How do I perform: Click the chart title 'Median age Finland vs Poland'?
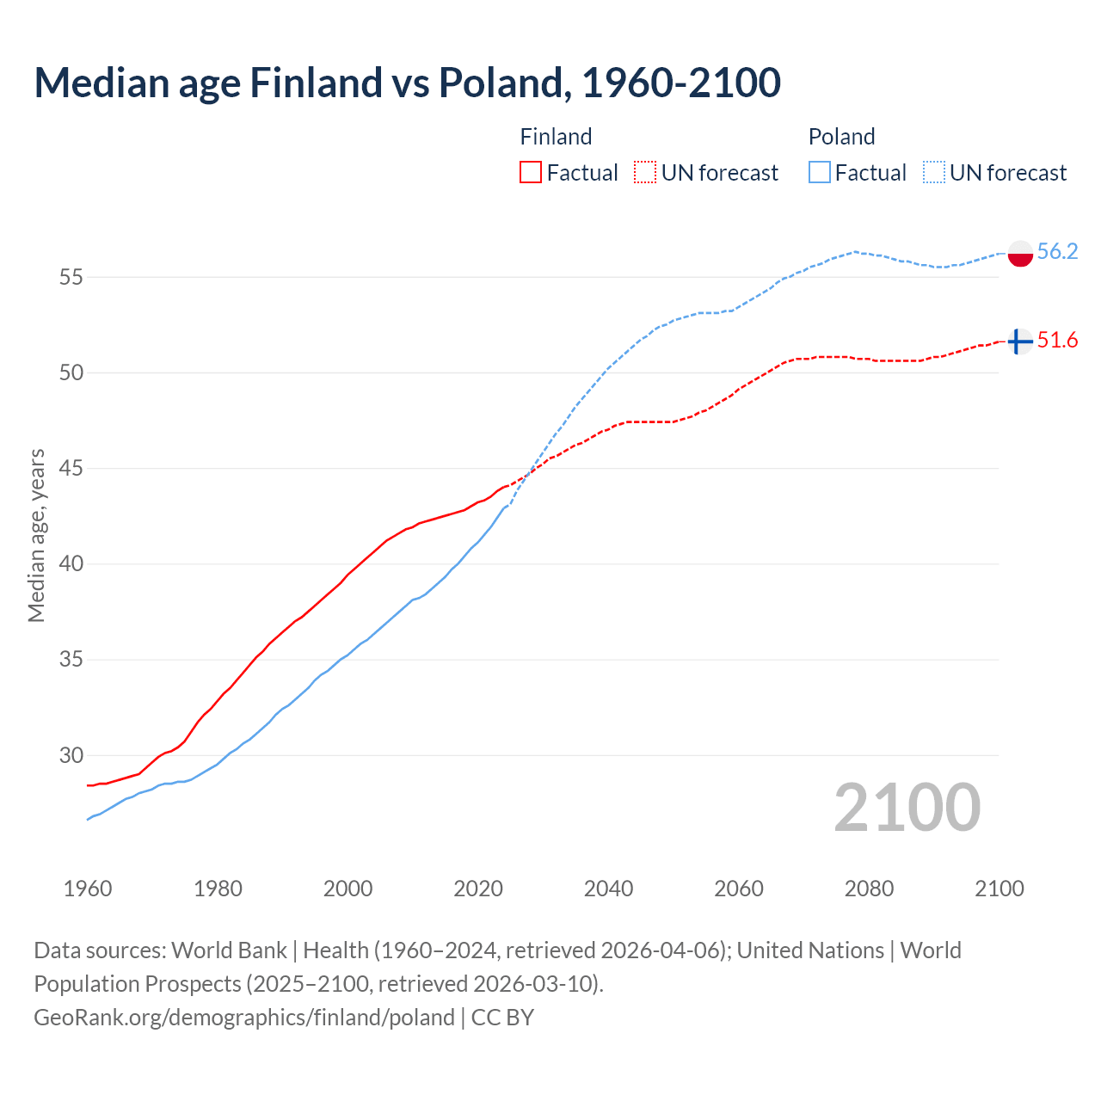pyautogui.click(x=407, y=83)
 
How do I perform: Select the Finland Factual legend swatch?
pyautogui.click(x=531, y=172)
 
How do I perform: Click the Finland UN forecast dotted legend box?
pyautogui.click(x=645, y=172)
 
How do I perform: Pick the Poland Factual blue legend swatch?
pyautogui.click(x=820, y=172)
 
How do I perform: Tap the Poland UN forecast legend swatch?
pyautogui.click(x=934, y=172)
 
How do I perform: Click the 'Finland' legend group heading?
pyautogui.click(x=556, y=137)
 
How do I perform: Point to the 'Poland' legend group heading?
pyautogui.click(x=841, y=137)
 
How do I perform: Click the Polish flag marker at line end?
pyautogui.click(x=1019, y=254)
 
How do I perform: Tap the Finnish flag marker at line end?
pyautogui.click(x=1019, y=341)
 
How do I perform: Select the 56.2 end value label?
pyautogui.click(x=1057, y=251)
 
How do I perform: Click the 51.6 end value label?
pyautogui.click(x=1057, y=341)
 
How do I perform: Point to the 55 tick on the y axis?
pyautogui.click(x=71, y=277)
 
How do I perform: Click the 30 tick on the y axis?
pyautogui.click(x=71, y=755)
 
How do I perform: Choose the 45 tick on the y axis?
pyautogui.click(x=71, y=469)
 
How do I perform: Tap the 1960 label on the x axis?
pyautogui.click(x=88, y=889)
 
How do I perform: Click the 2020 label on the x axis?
pyautogui.click(x=478, y=889)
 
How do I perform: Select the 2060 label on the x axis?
pyautogui.click(x=739, y=889)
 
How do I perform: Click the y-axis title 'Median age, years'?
pyautogui.click(x=36, y=535)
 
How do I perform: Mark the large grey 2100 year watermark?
pyautogui.click(x=907, y=807)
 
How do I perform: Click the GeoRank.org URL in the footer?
pyautogui.click(x=244, y=1017)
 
